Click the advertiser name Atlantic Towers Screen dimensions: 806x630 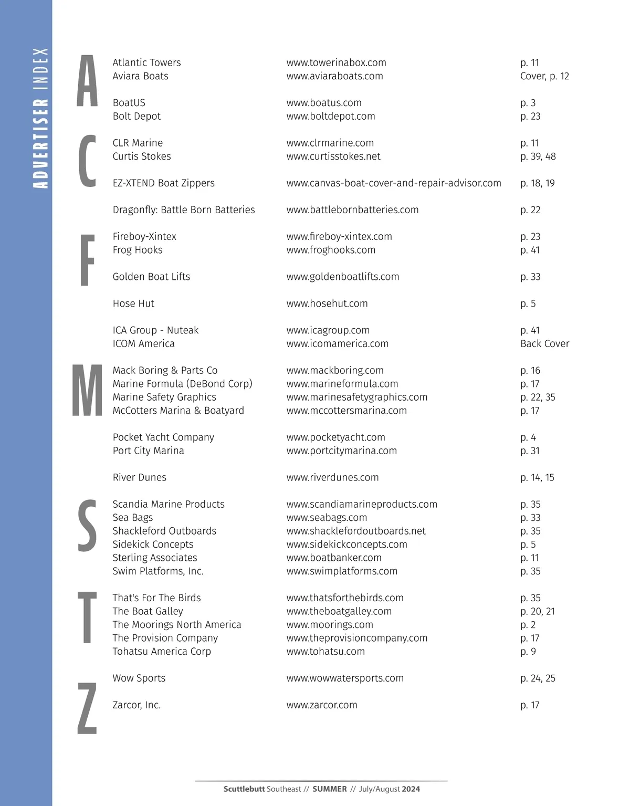146,62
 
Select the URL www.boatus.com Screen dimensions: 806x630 324,103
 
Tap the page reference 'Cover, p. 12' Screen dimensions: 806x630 544,76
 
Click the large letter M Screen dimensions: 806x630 87,391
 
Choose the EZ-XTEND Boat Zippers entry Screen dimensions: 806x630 164,183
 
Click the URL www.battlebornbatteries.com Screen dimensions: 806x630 352,210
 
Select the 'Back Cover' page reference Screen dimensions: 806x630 544,344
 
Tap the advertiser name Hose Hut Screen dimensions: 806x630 133,303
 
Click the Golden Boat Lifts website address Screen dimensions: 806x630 342,277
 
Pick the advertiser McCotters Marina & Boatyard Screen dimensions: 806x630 178,411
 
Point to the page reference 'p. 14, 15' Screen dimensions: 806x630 537,478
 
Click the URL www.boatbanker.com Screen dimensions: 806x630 334,558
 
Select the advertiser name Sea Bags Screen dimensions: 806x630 133,518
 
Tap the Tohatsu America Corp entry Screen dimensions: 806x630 162,652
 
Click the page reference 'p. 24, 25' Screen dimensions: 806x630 538,678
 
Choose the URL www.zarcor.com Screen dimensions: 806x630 322,705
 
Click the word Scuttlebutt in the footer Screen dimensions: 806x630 244,789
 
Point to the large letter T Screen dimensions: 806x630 87,617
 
